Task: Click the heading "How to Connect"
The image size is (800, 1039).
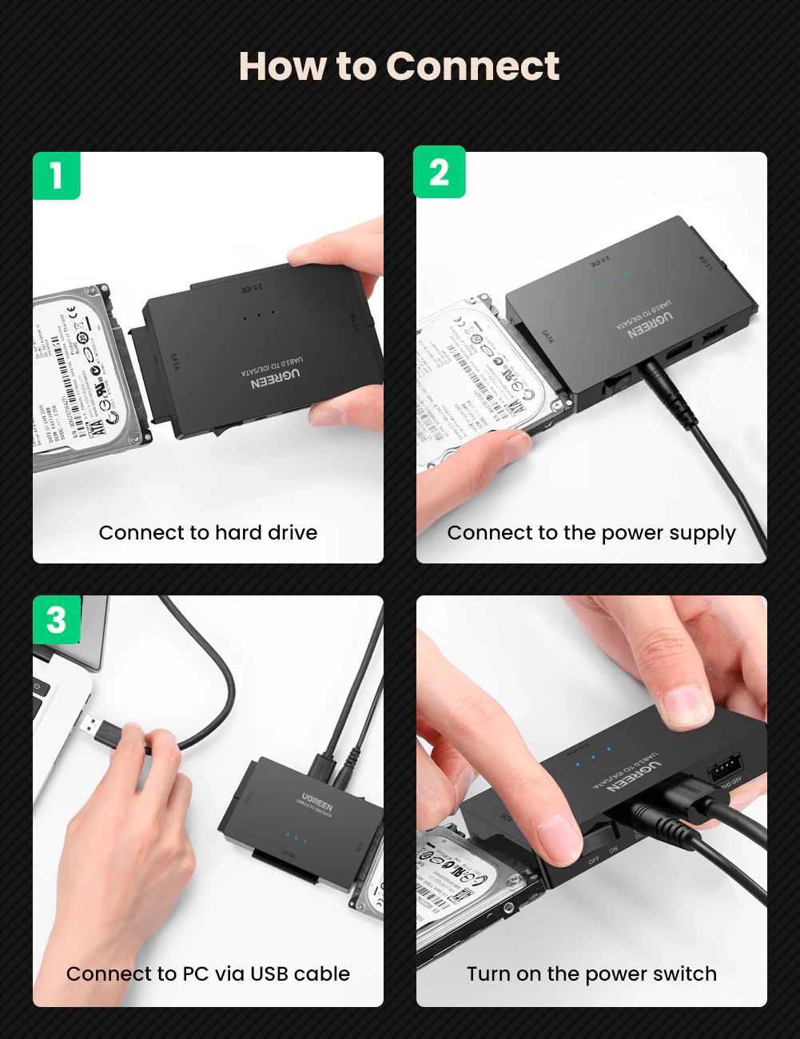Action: [399, 66]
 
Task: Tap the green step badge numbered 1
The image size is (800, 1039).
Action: [56, 175]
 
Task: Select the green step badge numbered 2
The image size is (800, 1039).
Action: [439, 173]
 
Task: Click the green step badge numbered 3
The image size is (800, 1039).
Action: [56, 619]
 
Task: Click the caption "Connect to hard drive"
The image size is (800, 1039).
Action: [208, 532]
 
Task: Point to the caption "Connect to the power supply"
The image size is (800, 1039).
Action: [591, 533]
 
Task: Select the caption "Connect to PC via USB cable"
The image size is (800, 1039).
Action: [208, 973]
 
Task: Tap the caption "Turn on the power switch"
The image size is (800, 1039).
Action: [591, 973]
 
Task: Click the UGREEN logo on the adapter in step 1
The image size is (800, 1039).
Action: [276, 379]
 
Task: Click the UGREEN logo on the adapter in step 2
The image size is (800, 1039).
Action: [650, 324]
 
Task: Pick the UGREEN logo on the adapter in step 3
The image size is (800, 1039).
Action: [316, 802]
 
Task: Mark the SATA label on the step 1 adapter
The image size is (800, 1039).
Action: [175, 361]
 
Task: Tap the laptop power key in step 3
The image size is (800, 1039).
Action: [38, 687]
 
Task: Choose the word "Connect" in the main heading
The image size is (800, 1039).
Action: [472, 66]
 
